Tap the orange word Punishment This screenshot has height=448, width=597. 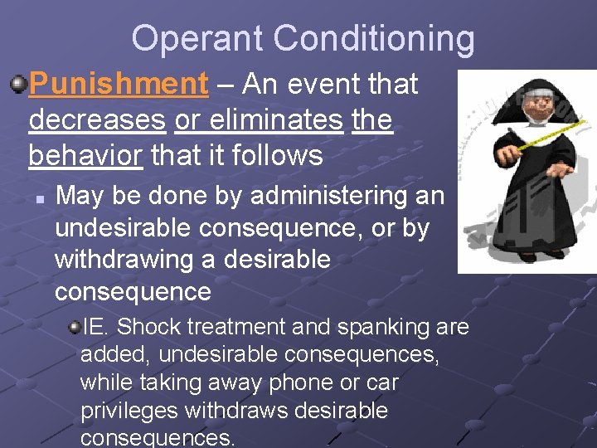point(119,84)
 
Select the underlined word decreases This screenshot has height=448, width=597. point(97,120)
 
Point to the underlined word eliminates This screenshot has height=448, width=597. point(259,120)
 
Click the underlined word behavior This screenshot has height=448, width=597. point(85,155)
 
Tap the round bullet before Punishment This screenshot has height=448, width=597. point(17,83)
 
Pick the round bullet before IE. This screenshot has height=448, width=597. point(73,328)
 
